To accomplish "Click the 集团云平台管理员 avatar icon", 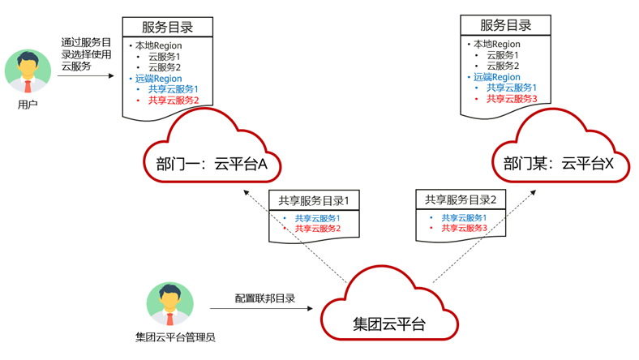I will (x=170, y=304).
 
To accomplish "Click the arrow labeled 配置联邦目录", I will (x=264, y=309).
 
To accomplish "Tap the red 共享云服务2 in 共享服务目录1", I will (x=317, y=229).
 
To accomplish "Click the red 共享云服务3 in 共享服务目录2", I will (x=464, y=229).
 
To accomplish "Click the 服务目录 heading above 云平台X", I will (x=505, y=25).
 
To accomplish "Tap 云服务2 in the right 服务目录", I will (x=503, y=66).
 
